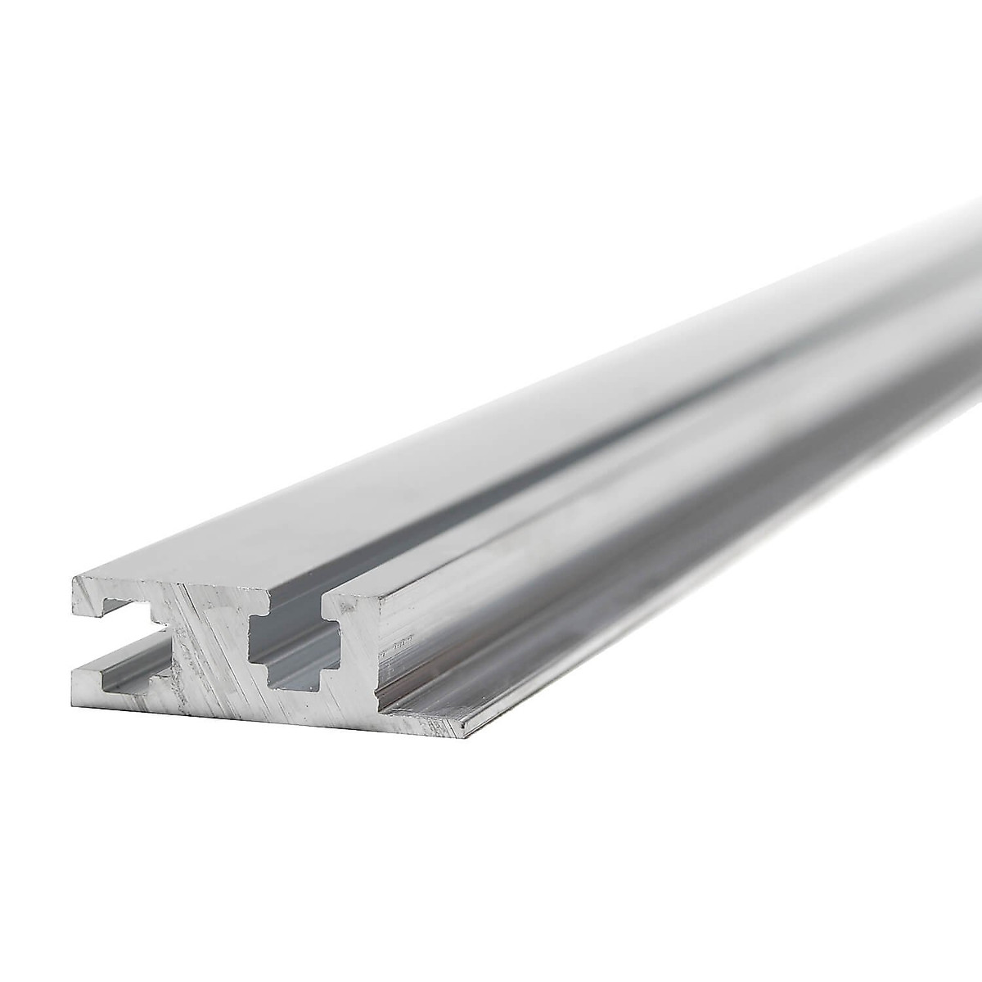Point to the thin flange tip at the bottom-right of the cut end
[x=466, y=724]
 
